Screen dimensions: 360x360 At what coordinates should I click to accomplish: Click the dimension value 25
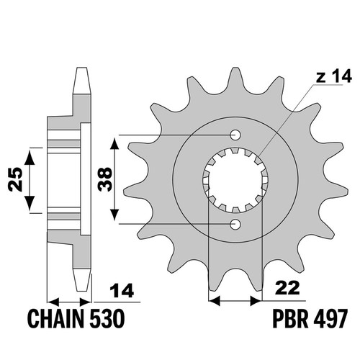[15, 179]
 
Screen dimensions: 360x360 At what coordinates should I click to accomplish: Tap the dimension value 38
[105, 179]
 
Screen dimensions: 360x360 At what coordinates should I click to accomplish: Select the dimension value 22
[288, 288]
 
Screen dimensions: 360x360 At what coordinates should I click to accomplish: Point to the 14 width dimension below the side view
[122, 290]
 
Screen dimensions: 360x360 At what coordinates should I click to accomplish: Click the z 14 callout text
[333, 76]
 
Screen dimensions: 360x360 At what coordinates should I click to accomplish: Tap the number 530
[107, 318]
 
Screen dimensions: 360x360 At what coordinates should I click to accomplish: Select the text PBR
[290, 318]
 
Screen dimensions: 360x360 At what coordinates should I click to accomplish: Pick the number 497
[330, 318]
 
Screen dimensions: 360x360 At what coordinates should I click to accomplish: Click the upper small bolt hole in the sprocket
[235, 135]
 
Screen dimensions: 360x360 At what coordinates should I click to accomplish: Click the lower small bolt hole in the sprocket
[235, 225]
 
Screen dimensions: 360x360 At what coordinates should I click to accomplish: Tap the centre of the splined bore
[235, 180]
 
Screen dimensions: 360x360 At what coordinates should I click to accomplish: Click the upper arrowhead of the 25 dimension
[30, 156]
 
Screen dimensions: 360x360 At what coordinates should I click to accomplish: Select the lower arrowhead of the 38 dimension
[114, 214]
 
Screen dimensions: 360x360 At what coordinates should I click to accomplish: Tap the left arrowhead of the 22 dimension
[215, 300]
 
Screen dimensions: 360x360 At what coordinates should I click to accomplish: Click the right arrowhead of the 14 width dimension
[86, 302]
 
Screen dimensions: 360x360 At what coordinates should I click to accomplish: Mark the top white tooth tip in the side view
[82, 81]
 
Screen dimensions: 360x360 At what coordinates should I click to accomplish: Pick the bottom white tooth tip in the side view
[82, 280]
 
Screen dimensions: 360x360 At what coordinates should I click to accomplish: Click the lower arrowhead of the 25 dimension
[30, 203]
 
